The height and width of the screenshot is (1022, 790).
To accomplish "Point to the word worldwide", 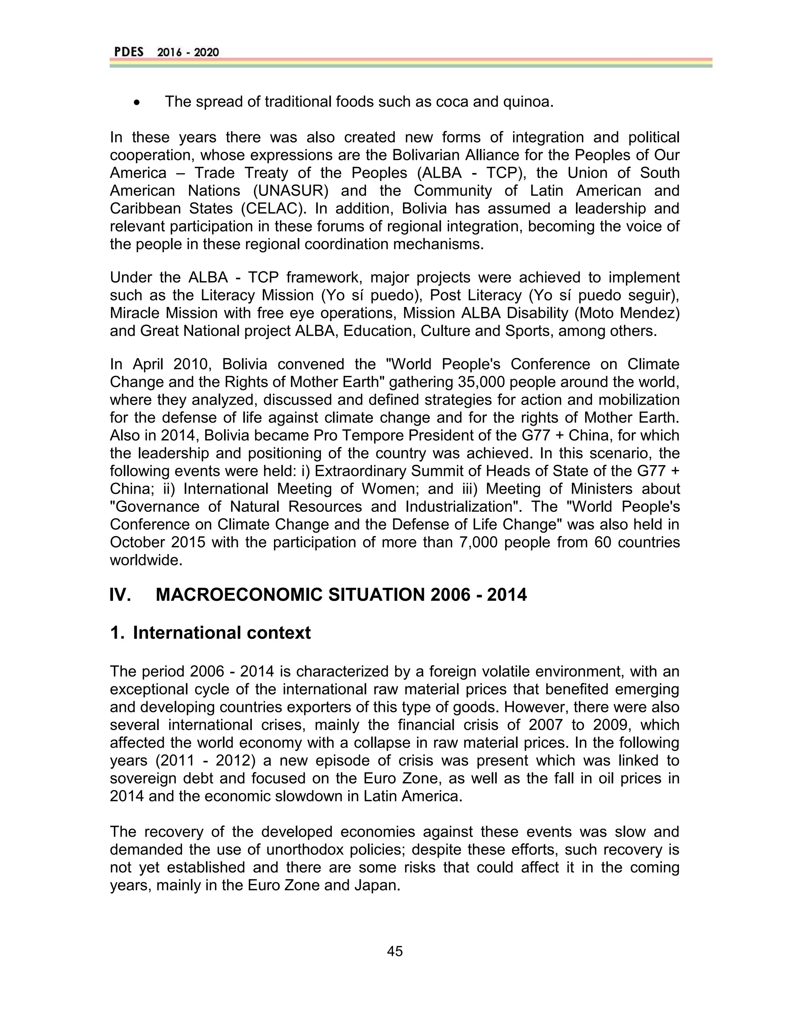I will [x=145, y=560].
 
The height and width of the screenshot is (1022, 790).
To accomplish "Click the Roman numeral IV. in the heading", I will [x=120, y=595].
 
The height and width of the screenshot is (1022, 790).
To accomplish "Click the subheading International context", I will [x=221, y=632].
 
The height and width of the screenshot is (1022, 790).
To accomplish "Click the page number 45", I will [x=395, y=951].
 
